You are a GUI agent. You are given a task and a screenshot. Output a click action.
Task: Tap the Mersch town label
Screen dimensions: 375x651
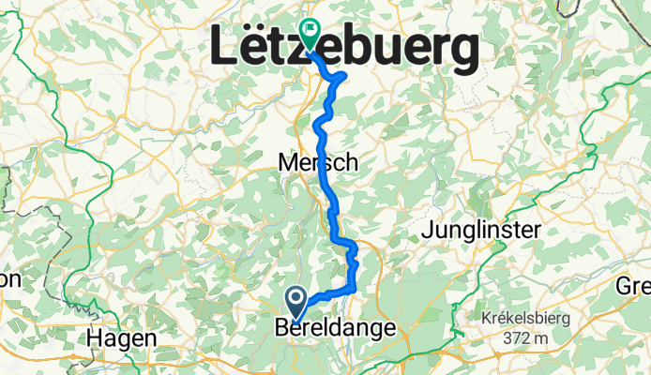coord(318,163)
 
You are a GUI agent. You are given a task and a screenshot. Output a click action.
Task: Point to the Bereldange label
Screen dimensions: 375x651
coord(336,328)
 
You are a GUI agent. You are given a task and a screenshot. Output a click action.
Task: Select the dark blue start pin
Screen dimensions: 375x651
coord(296,303)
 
